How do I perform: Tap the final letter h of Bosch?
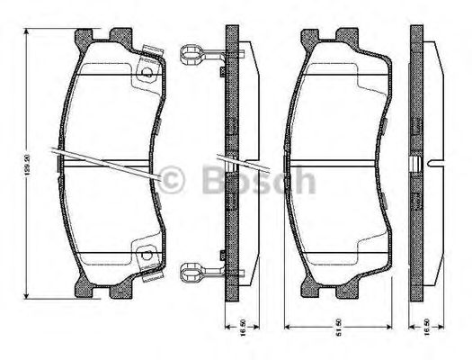click(306, 182)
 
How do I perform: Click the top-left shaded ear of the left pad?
click(82, 35)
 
